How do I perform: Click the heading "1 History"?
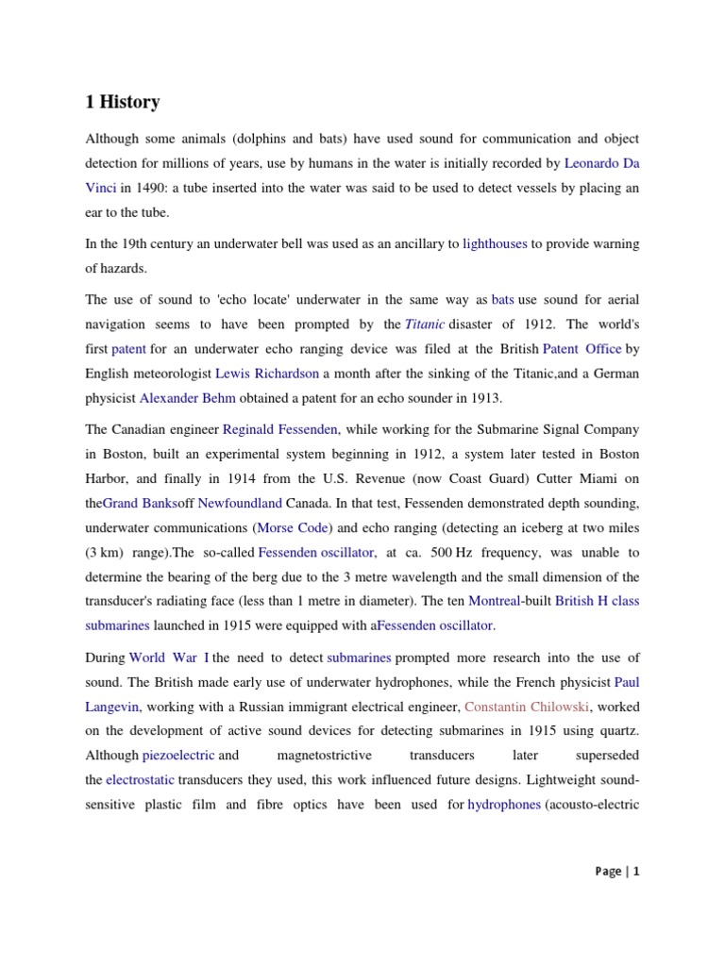pos(122,102)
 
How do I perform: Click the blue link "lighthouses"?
pos(495,243)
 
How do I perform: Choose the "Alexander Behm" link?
pos(187,398)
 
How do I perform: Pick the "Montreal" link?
pos(495,601)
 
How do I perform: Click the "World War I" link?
pos(169,657)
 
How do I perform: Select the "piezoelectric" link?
pos(178,756)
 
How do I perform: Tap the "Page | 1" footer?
pos(617,872)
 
